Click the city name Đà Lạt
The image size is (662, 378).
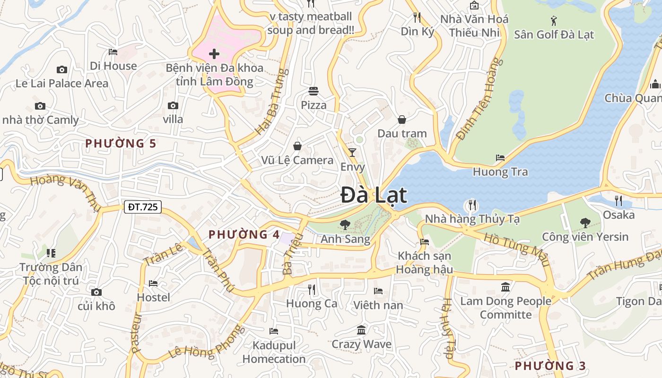click(374, 195)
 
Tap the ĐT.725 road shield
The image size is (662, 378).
click(143, 206)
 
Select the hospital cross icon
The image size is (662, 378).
click(214, 54)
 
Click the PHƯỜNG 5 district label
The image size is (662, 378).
click(121, 143)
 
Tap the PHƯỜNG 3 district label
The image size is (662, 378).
click(550, 366)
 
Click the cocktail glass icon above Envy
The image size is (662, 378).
click(352, 152)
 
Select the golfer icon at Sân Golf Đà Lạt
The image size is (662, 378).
click(554, 20)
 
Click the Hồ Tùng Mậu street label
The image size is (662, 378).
click(517, 249)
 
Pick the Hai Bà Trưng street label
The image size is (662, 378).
click(271, 102)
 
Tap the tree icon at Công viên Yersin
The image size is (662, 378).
click(585, 223)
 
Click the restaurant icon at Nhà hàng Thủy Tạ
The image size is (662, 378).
click(471, 205)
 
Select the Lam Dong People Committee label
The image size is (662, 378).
click(505, 308)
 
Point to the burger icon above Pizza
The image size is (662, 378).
click(314, 91)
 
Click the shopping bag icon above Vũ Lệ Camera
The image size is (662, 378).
click(297, 146)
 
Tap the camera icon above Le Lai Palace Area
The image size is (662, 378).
click(62, 70)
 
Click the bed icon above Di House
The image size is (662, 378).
click(113, 52)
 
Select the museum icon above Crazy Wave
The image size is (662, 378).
click(361, 330)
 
